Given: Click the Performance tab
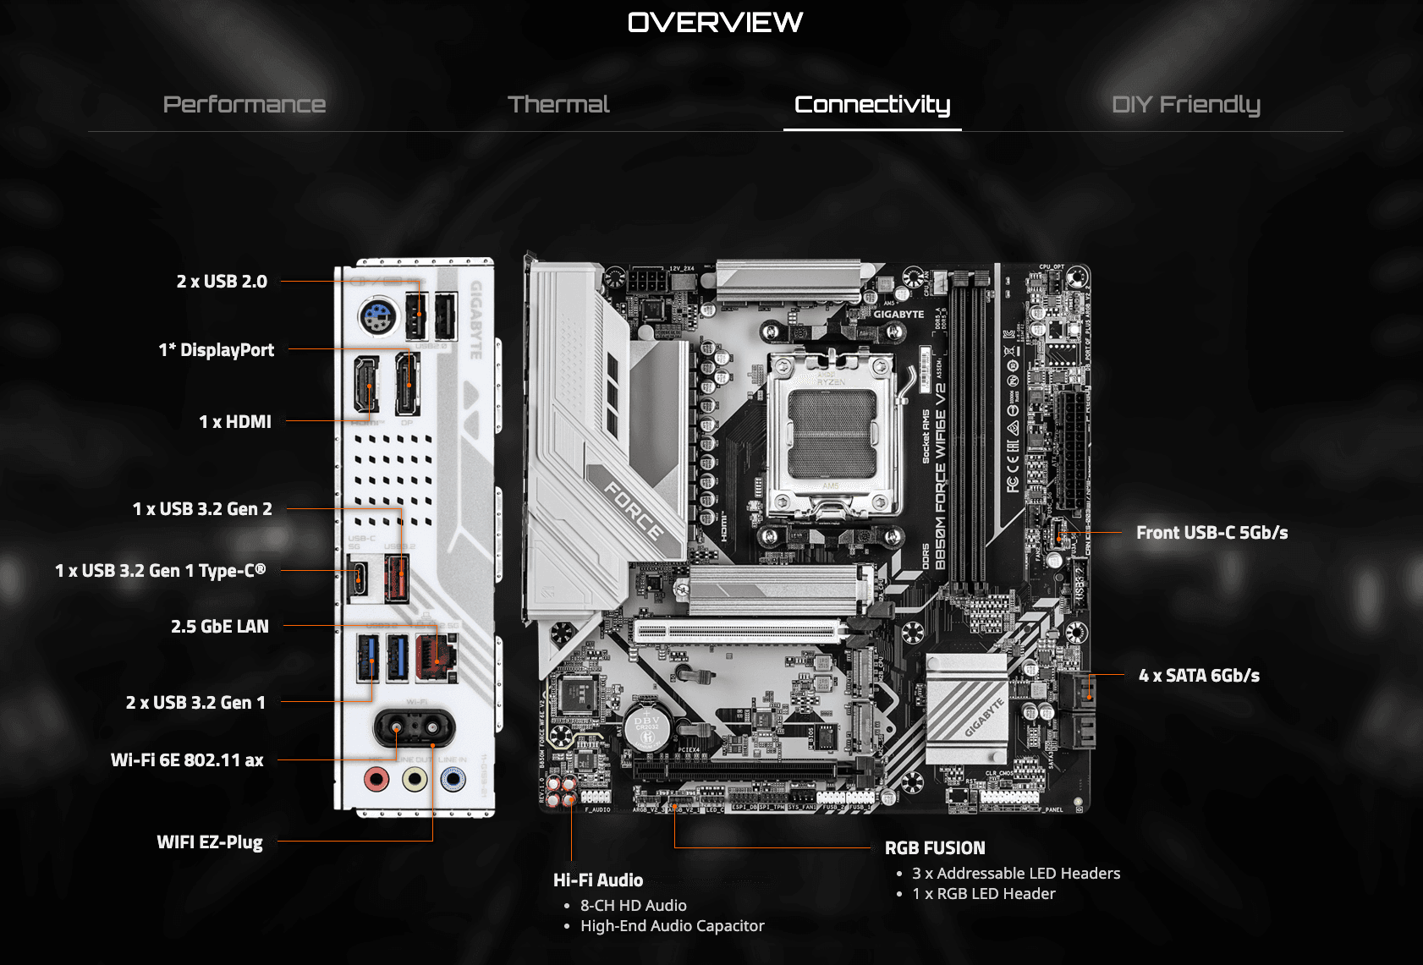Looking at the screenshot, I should [244, 104].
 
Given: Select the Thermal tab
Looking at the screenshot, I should [558, 104].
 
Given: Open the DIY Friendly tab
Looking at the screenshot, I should [1185, 104].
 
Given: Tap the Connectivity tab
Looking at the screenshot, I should [872, 104].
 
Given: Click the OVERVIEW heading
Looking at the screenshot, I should [715, 22].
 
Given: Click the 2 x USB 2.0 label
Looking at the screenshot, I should [222, 282].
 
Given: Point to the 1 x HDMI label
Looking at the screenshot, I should [235, 421].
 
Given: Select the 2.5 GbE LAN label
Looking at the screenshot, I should [220, 627].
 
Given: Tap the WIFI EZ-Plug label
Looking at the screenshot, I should [210, 842].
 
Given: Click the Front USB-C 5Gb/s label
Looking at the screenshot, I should [1211, 533].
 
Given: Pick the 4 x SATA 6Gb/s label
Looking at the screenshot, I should [1199, 676].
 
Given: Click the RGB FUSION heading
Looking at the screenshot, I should [935, 848].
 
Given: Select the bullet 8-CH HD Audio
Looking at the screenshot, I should [633, 906].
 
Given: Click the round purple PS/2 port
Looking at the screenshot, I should [377, 319].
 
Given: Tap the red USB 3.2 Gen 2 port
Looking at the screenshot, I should [397, 578].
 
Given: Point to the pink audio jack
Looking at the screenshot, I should [376, 778].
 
